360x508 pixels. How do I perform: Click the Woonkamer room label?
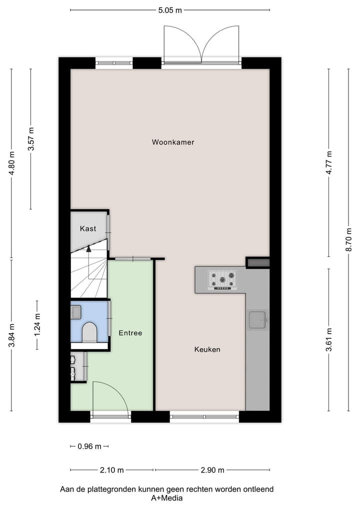point(173,142)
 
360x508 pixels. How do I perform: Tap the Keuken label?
point(207,350)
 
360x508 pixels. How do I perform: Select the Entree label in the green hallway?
point(130,333)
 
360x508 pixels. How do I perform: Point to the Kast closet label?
point(88,229)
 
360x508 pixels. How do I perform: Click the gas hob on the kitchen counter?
point(222,280)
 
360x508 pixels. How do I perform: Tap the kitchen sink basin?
point(258,320)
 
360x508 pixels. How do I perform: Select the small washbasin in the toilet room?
point(76,312)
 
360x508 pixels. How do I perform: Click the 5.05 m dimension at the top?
point(169,9)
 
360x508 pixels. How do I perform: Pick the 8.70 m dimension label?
point(349,239)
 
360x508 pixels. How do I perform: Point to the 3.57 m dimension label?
point(30,140)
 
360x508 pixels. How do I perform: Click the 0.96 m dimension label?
point(90,446)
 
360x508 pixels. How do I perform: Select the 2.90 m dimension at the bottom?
point(212,470)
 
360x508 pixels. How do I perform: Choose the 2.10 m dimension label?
point(111,470)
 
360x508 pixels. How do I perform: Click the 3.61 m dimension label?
point(329,340)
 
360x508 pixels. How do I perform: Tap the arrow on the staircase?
point(89,248)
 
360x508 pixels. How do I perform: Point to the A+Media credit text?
point(166,498)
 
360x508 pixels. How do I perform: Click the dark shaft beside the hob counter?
point(258,262)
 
